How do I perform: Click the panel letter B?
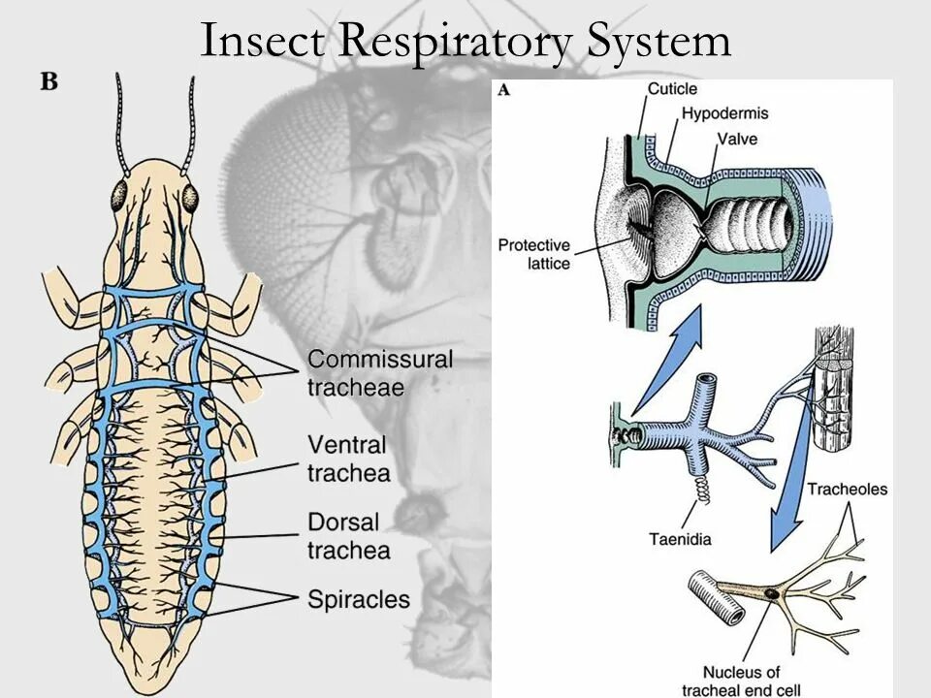click(x=48, y=82)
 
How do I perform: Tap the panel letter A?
click(x=503, y=90)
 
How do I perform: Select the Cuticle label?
click(x=672, y=89)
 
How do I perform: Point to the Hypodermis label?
click(x=724, y=113)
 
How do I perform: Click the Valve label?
click(x=737, y=139)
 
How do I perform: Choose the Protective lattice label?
click(x=534, y=254)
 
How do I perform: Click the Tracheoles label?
click(x=847, y=489)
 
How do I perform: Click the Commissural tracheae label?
click(x=380, y=373)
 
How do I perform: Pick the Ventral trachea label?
click(x=349, y=459)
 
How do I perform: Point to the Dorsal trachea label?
click(x=349, y=536)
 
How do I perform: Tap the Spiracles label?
click(x=359, y=599)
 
